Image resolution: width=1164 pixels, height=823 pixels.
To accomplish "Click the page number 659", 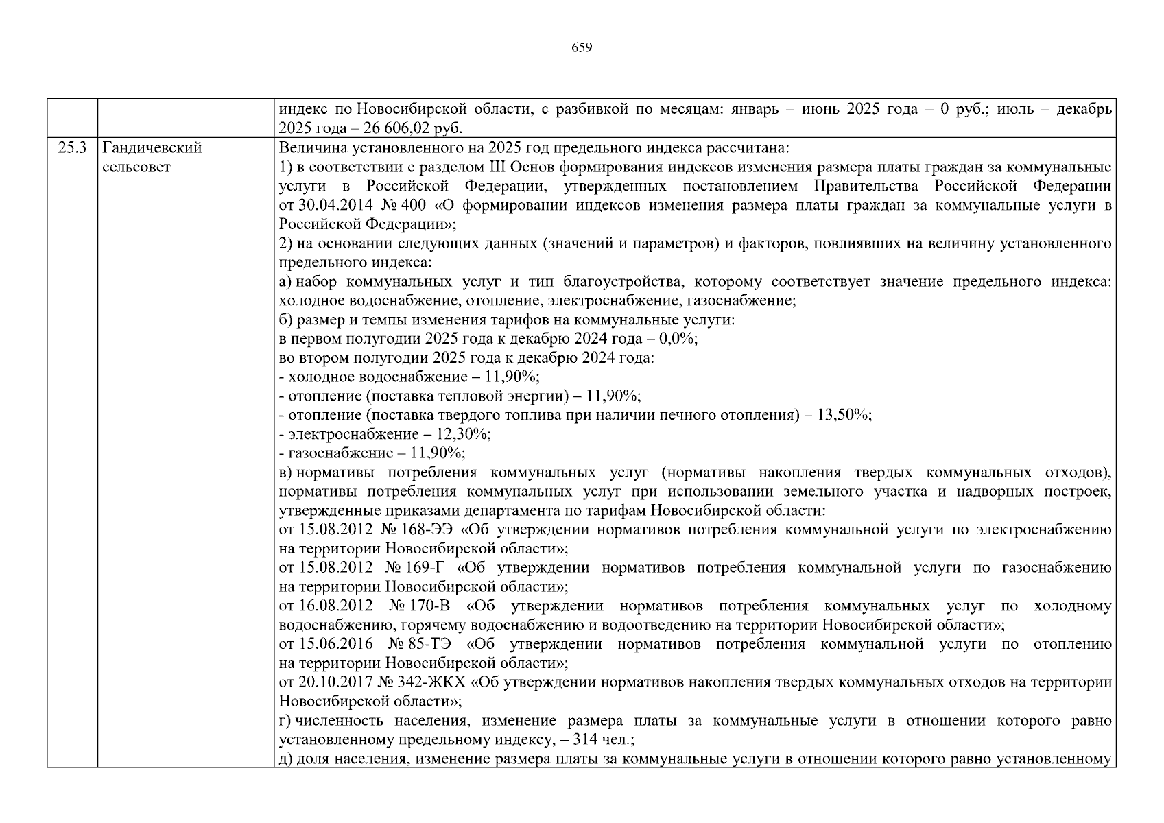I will pyautogui.click(x=581, y=47).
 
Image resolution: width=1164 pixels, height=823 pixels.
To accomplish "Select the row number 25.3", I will pyautogui.click(x=72, y=148).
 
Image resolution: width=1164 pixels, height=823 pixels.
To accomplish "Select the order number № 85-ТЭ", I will pyautogui.click(x=420, y=644).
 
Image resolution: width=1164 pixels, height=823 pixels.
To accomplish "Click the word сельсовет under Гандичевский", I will pyautogui.click(x=136, y=167).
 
